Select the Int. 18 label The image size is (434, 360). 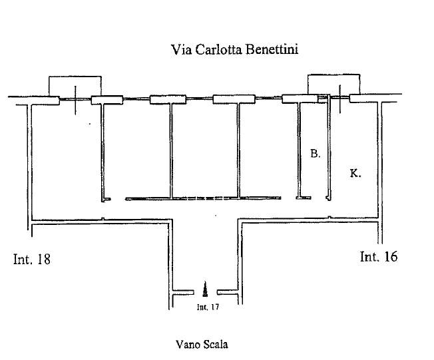(x=32, y=259)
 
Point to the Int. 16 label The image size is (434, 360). (x=379, y=256)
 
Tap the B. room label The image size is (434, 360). (x=316, y=154)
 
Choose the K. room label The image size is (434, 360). (x=355, y=173)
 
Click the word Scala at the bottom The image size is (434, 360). (x=214, y=344)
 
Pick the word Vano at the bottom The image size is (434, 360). (x=188, y=344)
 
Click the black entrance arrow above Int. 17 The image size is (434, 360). (x=206, y=289)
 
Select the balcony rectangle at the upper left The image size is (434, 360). (x=75, y=86)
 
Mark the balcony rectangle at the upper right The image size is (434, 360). (x=333, y=84)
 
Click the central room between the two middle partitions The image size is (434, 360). (x=204, y=150)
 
